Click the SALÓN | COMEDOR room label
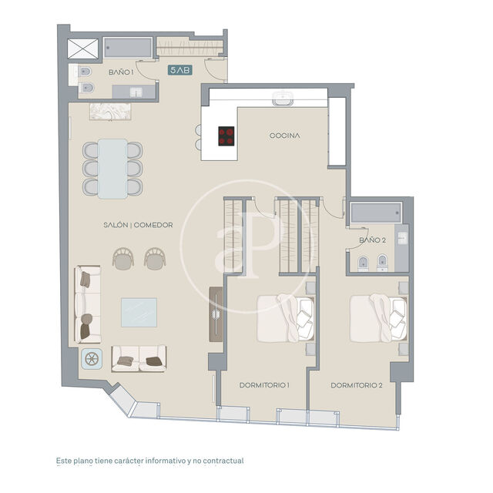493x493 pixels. [138, 225]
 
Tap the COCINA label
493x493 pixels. [284, 136]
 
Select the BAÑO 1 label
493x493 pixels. [121, 72]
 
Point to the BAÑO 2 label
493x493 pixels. [372, 240]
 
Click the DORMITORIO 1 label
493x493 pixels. [264, 384]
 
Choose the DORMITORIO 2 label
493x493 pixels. [357, 384]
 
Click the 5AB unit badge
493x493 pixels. [179, 70]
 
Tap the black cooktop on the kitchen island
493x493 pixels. [226, 136]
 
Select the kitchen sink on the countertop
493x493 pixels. [281, 99]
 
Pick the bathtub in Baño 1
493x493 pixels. [129, 47]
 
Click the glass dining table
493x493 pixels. [113, 168]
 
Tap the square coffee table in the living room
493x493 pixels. [139, 312]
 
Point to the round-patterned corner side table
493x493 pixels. [92, 359]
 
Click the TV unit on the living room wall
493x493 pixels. [216, 314]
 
